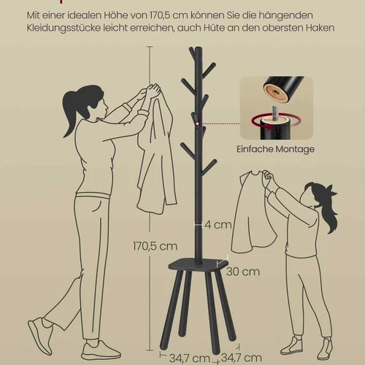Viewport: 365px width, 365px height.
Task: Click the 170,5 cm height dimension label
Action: [155, 246]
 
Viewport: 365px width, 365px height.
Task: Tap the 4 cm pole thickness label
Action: [218, 225]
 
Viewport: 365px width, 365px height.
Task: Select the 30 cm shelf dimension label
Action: [243, 272]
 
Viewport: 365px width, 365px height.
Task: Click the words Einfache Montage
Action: [275, 149]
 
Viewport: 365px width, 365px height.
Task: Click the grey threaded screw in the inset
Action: [274, 113]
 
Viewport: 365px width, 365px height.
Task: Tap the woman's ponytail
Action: [69, 109]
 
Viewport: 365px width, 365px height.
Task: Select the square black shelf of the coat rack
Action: [199, 264]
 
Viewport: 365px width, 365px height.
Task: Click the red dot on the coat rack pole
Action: [197, 125]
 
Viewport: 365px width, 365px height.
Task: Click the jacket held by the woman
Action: [156, 151]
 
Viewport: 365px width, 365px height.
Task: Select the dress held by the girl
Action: [253, 212]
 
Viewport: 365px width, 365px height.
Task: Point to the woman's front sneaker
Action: [101, 350]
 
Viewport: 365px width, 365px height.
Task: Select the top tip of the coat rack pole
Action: [199, 47]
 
